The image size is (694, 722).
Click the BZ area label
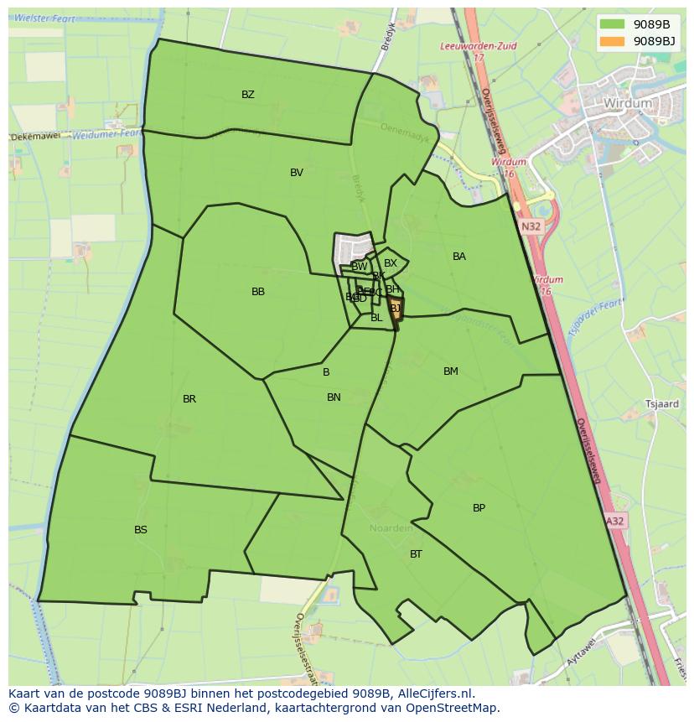coord(248,95)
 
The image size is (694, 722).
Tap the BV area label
coord(297,173)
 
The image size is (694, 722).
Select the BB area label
coord(258,292)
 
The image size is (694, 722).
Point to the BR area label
coord(189,399)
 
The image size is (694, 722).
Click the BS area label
coord(141,530)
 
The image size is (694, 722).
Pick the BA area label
coord(459,257)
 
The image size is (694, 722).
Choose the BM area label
coord(451,371)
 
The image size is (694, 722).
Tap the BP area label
coord(479,508)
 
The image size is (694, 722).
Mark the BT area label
coord(416,554)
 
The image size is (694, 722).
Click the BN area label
coord(334,397)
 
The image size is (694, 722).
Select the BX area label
coord(391,263)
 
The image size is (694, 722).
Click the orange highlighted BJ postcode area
coord(395,309)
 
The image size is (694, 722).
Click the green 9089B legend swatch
coord(613,24)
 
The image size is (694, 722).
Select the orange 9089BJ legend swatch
coord(613,40)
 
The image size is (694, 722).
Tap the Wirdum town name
coord(627,103)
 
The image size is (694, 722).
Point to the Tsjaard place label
coord(661,404)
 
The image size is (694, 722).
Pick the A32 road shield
coord(615,521)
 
